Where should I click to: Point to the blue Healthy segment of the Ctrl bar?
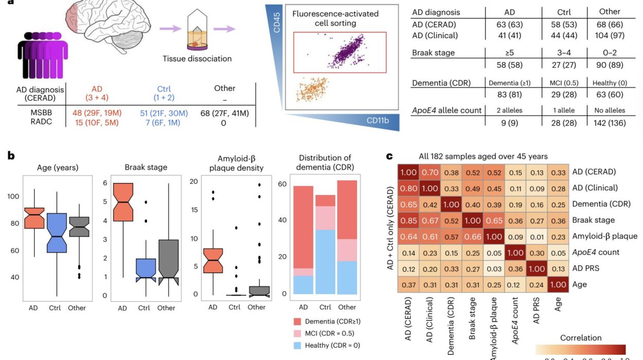tap(325, 262)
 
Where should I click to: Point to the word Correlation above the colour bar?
tap(580, 338)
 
